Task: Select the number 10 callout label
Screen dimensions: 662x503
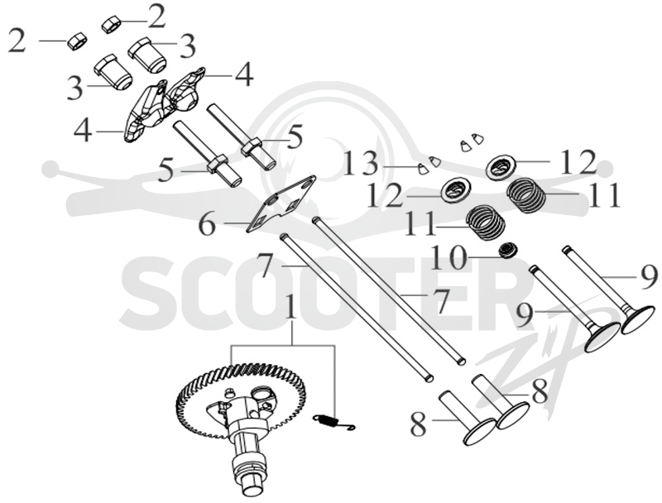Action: pos(448,258)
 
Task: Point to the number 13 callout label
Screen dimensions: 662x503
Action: pos(360,164)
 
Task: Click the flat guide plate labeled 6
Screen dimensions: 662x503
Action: pos(281,204)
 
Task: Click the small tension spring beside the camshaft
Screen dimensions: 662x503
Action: pos(334,423)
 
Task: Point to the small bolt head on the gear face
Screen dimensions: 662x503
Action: pos(231,391)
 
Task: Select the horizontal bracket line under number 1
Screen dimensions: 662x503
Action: pos(282,347)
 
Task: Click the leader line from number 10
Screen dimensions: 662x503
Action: pos(483,256)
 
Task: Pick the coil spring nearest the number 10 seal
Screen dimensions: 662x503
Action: pos(485,222)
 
